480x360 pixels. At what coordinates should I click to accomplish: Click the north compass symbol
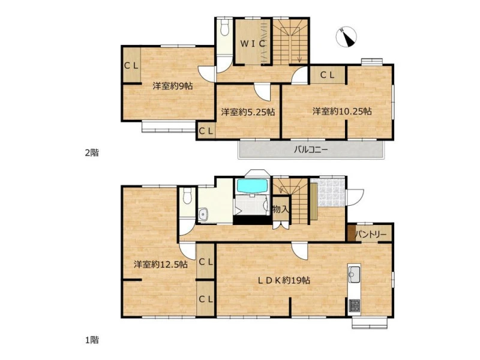346,37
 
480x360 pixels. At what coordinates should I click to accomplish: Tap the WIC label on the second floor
253,44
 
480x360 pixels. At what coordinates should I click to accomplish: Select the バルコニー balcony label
311,149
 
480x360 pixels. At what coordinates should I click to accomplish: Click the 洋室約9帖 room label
173,86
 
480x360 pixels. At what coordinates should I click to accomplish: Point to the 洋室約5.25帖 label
248,112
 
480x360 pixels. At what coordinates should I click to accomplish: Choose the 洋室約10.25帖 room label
342,112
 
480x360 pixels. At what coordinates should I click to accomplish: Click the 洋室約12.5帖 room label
161,264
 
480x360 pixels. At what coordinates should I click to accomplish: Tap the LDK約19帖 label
284,280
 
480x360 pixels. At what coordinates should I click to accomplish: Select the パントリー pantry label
371,235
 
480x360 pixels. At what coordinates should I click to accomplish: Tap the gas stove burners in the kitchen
355,305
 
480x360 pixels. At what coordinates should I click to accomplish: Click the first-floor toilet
187,196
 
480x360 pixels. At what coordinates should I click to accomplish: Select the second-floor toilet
225,28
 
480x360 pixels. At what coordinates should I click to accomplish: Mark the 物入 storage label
280,209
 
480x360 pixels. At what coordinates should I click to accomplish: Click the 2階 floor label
92,152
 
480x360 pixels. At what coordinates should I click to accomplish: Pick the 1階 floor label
92,340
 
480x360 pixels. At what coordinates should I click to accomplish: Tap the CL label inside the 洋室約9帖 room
131,65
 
